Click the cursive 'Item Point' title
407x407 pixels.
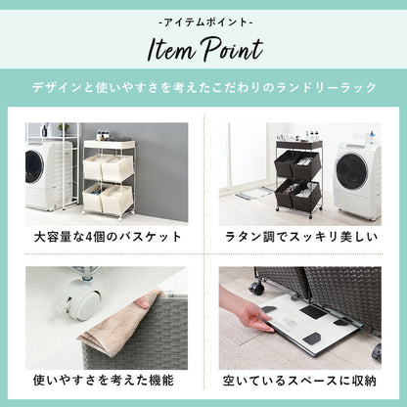click(x=203, y=48)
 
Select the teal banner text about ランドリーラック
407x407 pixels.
click(x=203, y=87)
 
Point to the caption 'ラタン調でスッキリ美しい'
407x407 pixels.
click(x=299, y=238)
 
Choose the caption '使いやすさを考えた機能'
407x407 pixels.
click(x=105, y=377)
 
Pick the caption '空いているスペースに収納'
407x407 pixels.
click(x=299, y=377)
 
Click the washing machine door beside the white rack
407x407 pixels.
click(x=34, y=167)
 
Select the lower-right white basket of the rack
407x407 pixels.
click(x=117, y=200)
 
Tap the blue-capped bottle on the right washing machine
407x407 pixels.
click(x=373, y=136)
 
